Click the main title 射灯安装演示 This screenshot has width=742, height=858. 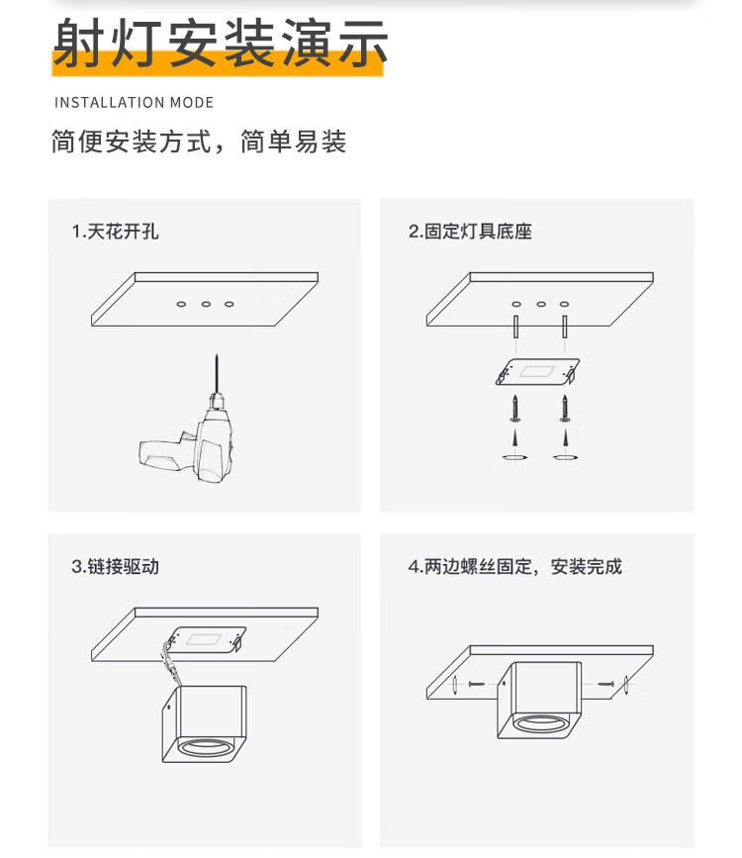(x=219, y=45)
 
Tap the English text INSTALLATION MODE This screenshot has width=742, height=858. (x=134, y=103)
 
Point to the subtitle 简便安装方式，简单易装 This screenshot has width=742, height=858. (x=199, y=142)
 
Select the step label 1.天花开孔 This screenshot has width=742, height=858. (x=115, y=232)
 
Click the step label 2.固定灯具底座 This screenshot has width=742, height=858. (x=471, y=232)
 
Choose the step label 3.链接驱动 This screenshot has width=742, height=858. (x=115, y=567)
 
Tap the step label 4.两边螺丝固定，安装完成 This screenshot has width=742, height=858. (x=515, y=567)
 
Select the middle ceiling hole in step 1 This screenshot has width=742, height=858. (x=206, y=304)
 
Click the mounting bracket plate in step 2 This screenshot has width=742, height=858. (x=537, y=373)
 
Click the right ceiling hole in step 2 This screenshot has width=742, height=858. (x=564, y=304)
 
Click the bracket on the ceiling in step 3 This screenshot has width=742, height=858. (x=207, y=639)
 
